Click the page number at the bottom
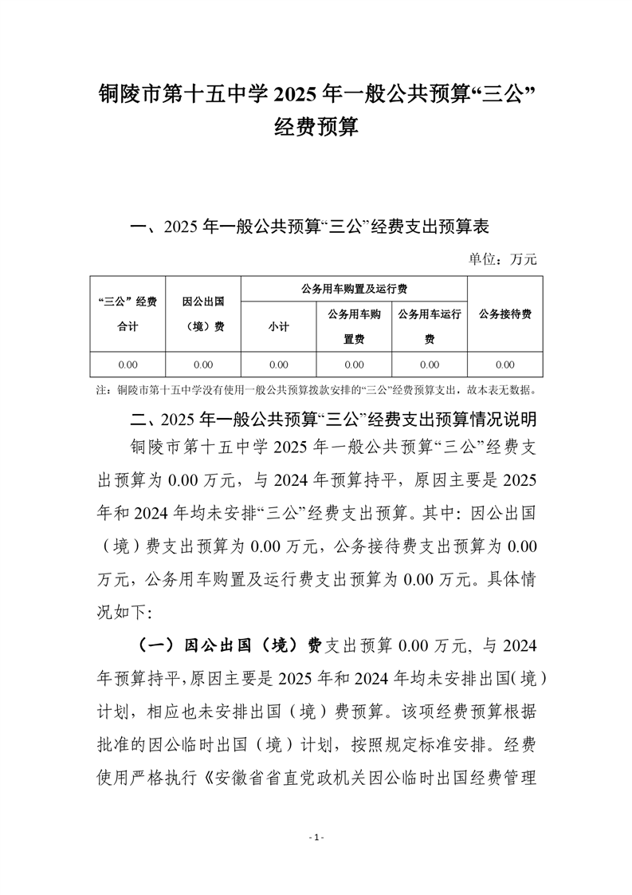tap(316, 837)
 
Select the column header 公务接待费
tap(504, 313)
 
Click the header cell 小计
tap(278, 326)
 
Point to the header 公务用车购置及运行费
tap(353, 288)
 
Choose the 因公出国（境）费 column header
tap(203, 313)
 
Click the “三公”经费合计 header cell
tap(128, 313)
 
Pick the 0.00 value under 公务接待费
tap(504, 365)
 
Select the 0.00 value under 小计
tap(278, 365)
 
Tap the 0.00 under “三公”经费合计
tap(128, 365)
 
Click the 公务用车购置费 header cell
tap(354, 326)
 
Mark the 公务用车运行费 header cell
tap(430, 326)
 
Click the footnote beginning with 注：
tap(316, 391)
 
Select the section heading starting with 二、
tap(327, 417)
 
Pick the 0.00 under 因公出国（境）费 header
tap(203, 365)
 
